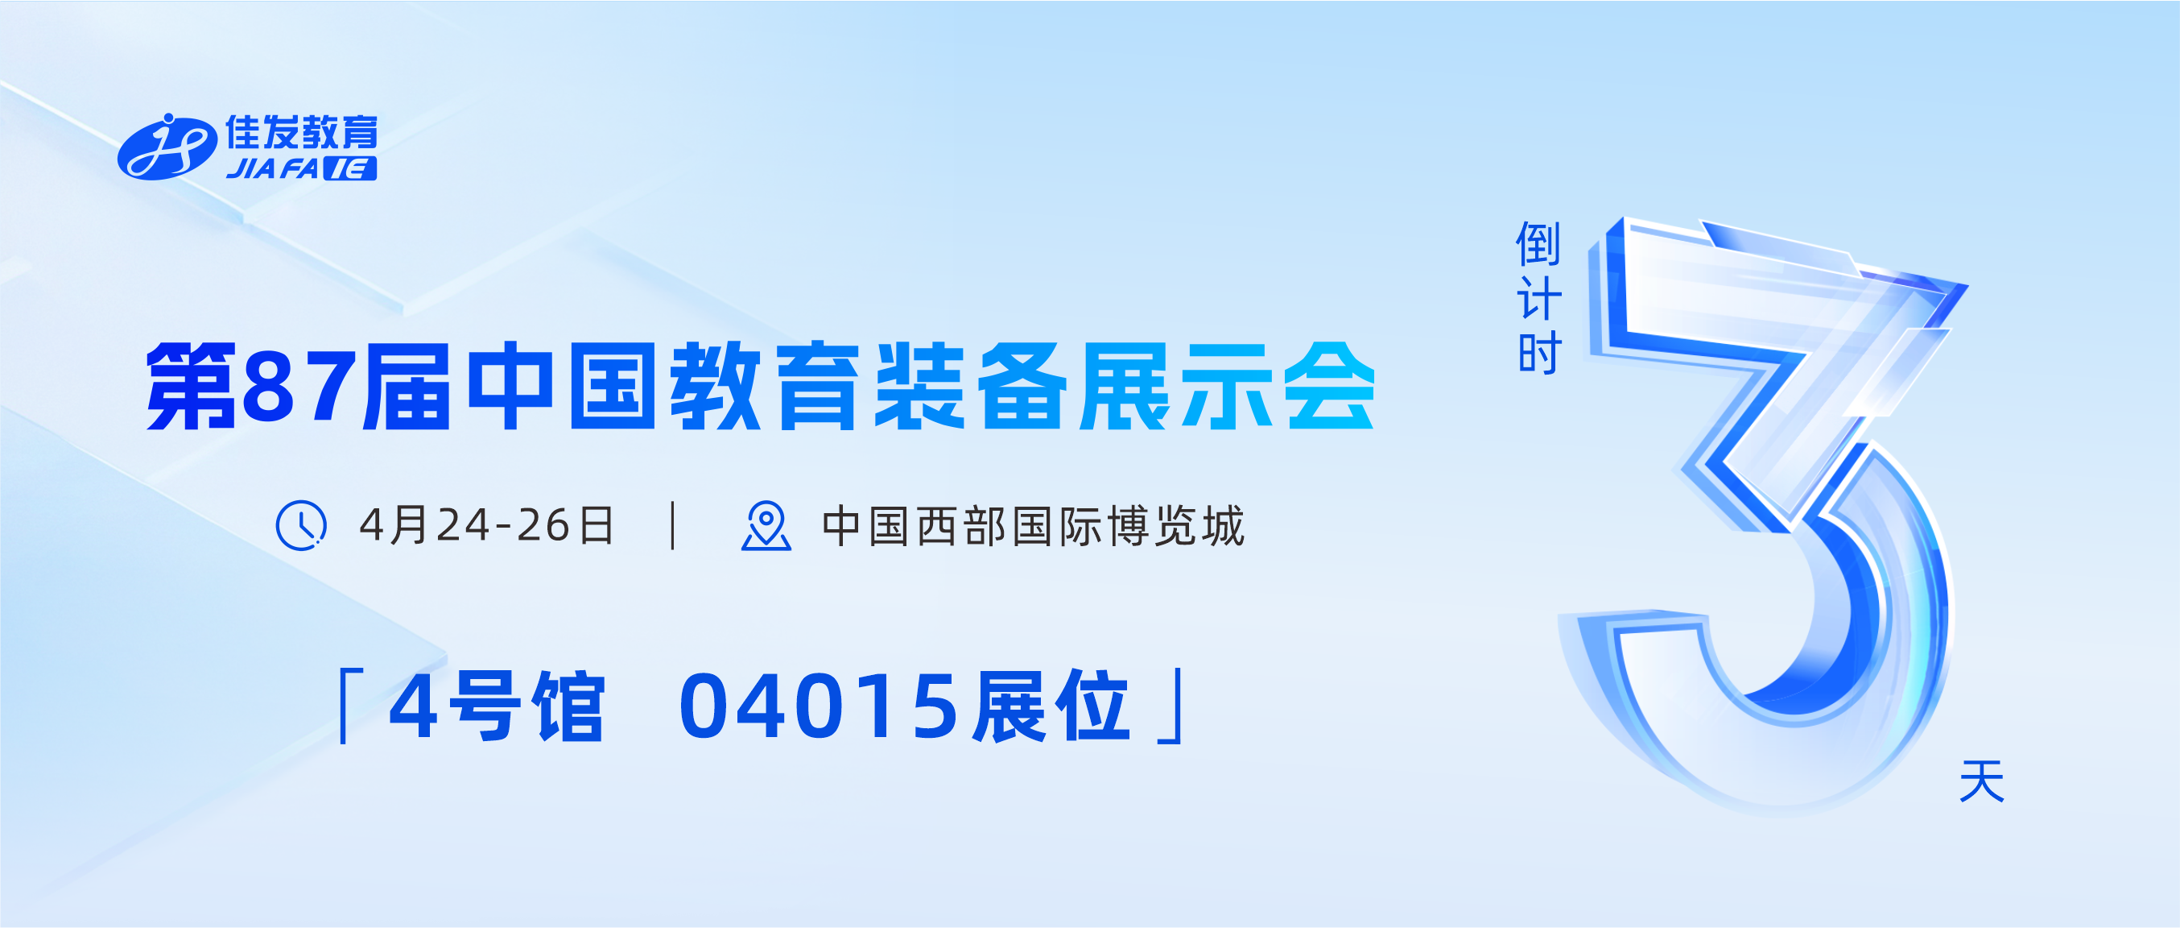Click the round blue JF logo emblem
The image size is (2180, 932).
point(166,147)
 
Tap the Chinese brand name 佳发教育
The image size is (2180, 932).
point(301,133)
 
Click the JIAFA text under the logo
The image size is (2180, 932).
point(271,168)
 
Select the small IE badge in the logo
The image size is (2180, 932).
point(350,168)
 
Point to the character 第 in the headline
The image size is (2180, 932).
point(192,387)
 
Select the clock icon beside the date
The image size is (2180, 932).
point(301,526)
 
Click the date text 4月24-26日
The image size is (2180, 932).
point(486,526)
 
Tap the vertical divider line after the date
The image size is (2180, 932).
point(673,526)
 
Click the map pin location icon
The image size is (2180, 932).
point(766,526)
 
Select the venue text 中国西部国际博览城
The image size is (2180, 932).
point(1034,526)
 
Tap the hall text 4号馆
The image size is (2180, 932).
point(497,706)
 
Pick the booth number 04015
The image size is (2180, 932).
point(820,706)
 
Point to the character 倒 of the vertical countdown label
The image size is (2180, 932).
point(1538,245)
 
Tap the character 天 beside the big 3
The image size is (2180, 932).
point(1982,781)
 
